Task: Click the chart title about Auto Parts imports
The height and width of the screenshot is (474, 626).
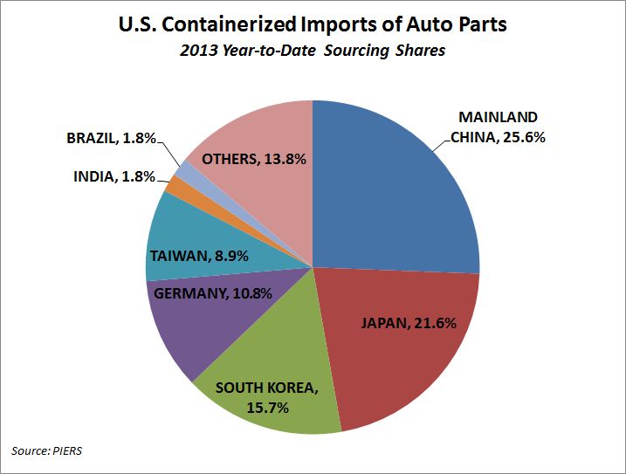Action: point(313,24)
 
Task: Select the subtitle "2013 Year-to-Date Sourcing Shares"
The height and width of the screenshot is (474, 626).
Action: point(313,51)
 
